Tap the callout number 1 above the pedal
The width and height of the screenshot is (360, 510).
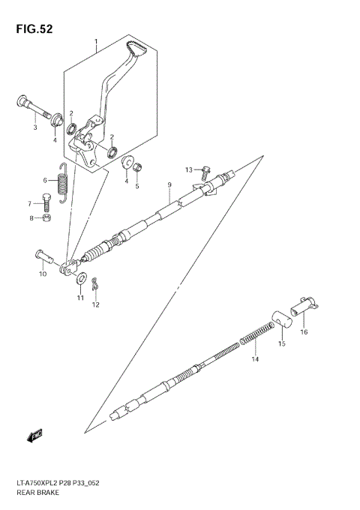tap(96, 42)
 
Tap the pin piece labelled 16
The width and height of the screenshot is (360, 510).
tap(305, 307)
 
